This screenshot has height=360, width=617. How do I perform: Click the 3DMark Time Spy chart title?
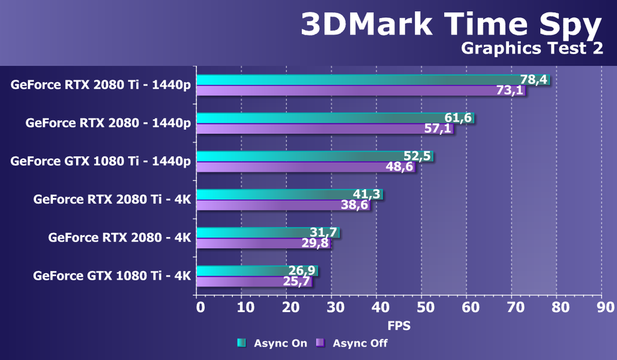coord(450,25)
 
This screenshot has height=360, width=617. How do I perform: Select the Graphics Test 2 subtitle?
coord(532,49)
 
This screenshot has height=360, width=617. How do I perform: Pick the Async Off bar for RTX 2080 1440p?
coord(312,128)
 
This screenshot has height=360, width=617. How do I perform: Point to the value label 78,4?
coord(532,80)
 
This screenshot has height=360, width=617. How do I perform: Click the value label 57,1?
coord(438,128)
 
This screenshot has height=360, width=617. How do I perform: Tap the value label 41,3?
coord(366,194)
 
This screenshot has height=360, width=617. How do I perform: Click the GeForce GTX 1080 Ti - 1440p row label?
coord(101,161)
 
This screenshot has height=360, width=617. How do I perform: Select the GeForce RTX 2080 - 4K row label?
coord(119,238)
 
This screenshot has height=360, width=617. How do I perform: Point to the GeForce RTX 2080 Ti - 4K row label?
coord(112,199)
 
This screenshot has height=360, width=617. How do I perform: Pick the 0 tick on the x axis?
coord(200,308)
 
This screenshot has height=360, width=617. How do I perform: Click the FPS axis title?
coord(398,326)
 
